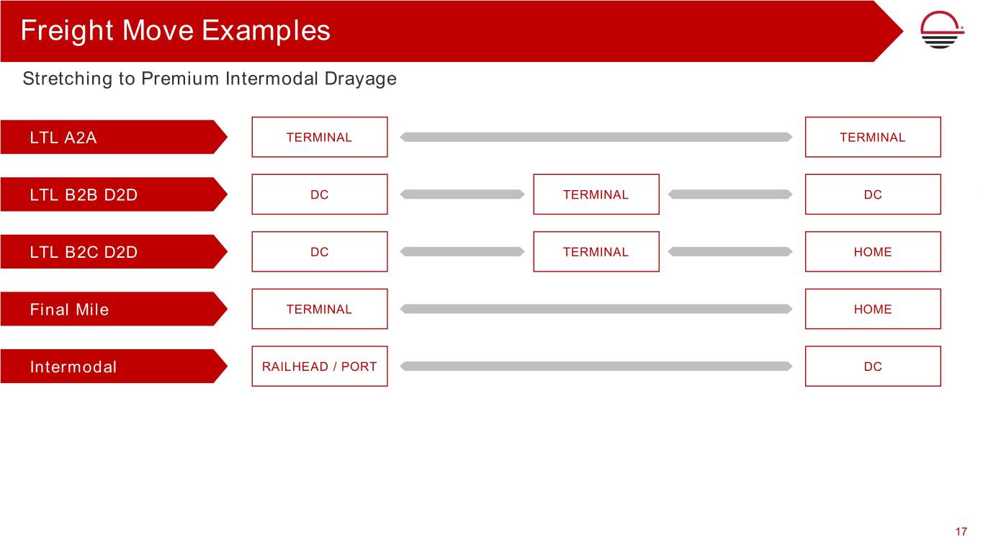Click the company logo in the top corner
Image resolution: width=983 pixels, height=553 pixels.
click(942, 30)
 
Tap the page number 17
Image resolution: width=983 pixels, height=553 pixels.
click(961, 531)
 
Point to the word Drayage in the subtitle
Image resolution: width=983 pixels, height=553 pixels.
click(360, 79)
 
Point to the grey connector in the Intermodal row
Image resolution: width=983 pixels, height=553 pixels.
click(596, 367)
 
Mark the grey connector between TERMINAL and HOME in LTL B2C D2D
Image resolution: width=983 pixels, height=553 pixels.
click(730, 251)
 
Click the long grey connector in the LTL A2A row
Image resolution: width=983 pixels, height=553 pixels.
click(596, 137)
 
